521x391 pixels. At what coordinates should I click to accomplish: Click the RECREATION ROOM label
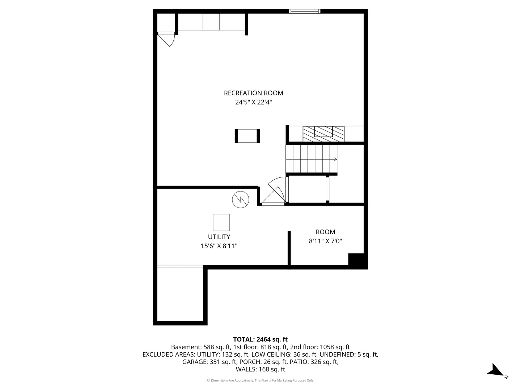pyautogui.click(x=253, y=93)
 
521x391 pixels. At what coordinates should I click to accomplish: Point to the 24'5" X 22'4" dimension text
pyautogui.click(x=253, y=102)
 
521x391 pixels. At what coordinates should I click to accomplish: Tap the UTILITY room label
pyautogui.click(x=219, y=237)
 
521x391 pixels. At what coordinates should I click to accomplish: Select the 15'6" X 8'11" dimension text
pyautogui.click(x=219, y=246)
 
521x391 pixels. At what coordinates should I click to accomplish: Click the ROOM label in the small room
pyautogui.click(x=325, y=232)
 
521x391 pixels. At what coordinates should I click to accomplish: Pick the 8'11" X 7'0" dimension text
pyautogui.click(x=325, y=241)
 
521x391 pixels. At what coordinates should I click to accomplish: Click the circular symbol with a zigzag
pyautogui.click(x=241, y=199)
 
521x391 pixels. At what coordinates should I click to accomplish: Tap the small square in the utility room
pyautogui.click(x=221, y=222)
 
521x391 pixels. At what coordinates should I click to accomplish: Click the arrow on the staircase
pyautogui.click(x=335, y=159)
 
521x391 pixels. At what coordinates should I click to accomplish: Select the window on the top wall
pyautogui.click(x=305, y=11)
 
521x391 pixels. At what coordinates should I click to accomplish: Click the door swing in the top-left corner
pyautogui.click(x=168, y=39)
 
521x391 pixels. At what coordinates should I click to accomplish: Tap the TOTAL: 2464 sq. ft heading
pyautogui.click(x=260, y=340)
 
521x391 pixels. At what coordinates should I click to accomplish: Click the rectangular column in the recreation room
pyautogui.click(x=247, y=136)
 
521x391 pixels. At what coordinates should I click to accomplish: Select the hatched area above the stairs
pyautogui.click(x=323, y=134)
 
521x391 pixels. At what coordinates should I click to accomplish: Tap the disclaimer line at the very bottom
pyautogui.click(x=260, y=381)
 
